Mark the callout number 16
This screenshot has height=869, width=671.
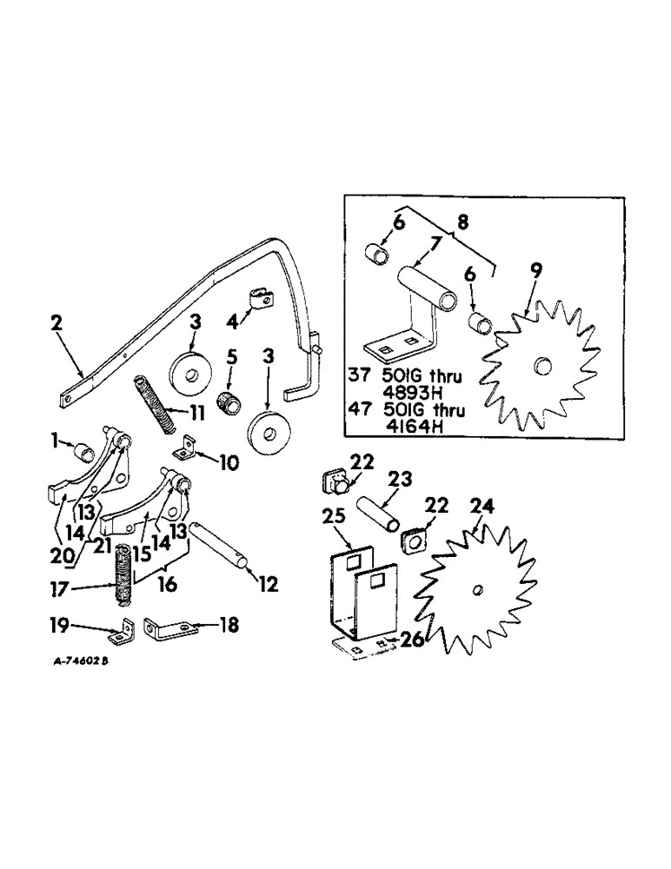pyautogui.click(x=167, y=586)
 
